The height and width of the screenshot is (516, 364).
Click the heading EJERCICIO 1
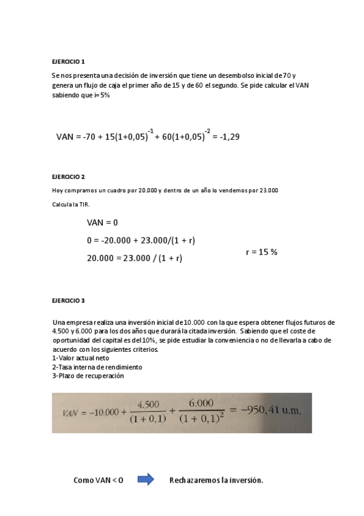68,61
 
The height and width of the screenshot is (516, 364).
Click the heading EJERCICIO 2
68,176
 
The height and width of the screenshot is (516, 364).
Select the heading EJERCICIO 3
68,301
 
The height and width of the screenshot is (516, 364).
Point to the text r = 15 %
261,251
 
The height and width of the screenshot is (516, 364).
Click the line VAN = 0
102,223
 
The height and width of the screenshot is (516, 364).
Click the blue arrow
146,480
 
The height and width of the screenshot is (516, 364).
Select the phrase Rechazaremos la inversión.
216,480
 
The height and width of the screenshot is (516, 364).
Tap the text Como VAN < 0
98,480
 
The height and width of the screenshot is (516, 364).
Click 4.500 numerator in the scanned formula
149,404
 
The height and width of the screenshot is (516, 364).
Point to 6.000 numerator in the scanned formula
201,403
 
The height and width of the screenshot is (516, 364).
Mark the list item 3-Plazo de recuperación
88,376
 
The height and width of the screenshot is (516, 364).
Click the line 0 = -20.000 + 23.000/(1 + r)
140,240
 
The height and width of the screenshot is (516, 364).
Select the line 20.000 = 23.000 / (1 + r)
134,258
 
